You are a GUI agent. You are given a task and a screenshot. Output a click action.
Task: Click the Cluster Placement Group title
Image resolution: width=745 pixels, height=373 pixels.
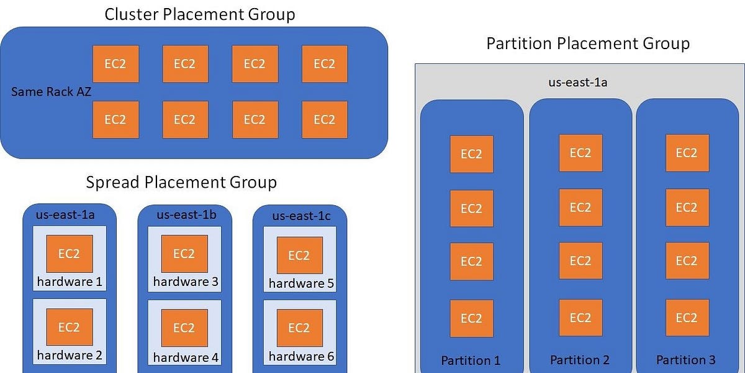tap(199, 14)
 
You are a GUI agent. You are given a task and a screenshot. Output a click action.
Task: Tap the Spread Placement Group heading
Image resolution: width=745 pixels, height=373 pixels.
tap(181, 182)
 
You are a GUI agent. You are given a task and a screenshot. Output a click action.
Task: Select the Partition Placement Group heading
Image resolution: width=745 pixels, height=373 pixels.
tap(587, 44)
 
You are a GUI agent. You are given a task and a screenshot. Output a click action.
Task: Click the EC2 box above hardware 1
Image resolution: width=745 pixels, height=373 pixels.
tap(70, 254)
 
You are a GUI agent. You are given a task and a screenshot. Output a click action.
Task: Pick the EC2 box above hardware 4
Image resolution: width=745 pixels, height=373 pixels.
tap(184, 328)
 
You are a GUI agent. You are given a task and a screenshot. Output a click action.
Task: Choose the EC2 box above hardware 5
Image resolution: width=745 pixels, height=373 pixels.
tap(299, 255)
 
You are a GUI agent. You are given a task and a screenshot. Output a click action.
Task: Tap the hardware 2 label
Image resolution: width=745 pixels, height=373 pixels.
tap(70, 356)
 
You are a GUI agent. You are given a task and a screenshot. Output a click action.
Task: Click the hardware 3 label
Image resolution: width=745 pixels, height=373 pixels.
tap(186, 282)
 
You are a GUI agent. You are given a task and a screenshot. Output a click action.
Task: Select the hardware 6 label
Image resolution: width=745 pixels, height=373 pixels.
tap(301, 356)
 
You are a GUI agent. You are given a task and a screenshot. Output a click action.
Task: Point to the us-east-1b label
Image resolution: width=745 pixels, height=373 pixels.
tap(186, 215)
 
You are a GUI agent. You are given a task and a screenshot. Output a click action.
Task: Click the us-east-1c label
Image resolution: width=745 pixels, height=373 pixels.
tap(301, 216)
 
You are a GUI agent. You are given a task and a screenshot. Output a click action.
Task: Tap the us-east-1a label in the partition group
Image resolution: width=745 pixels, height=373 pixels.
tap(580, 82)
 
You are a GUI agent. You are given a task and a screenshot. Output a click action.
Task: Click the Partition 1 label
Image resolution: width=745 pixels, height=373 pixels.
tap(471, 360)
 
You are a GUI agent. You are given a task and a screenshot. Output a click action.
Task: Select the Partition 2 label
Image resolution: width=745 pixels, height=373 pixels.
tap(580, 359)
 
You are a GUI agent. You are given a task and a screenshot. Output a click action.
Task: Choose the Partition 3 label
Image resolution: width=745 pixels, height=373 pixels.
tap(686, 359)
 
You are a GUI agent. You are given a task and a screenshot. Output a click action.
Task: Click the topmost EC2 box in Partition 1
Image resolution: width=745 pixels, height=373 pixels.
tap(471, 154)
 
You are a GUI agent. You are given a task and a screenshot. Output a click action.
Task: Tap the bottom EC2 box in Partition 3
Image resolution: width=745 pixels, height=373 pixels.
tap(687, 318)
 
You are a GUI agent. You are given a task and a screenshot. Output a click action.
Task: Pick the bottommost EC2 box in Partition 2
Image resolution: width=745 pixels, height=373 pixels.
tap(580, 318)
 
